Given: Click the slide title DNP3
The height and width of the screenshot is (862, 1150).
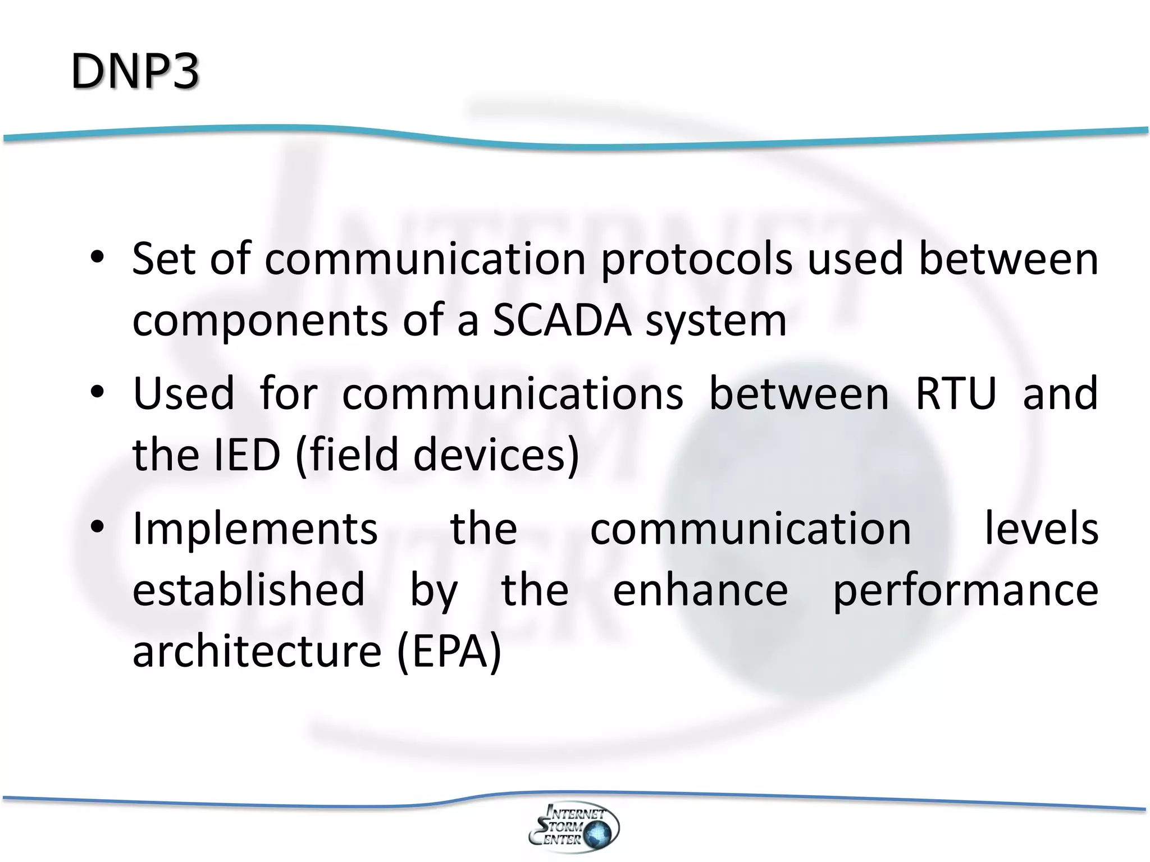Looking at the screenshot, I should (x=135, y=71).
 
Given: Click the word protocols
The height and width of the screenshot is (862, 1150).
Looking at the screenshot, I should (x=696, y=259).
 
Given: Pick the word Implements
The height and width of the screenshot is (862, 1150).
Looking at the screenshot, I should (x=255, y=529).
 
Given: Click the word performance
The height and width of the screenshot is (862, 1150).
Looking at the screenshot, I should (x=965, y=591).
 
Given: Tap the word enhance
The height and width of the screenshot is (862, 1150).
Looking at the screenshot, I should (x=700, y=590).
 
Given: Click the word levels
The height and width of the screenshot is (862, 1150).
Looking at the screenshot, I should (x=1042, y=529).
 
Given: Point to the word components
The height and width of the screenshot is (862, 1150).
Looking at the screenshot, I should (x=260, y=322).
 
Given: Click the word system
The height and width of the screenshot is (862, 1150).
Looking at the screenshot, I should (x=716, y=322).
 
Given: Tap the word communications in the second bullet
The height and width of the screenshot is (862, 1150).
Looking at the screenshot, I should (x=513, y=393).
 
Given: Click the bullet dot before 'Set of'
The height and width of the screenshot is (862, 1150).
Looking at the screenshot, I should (x=97, y=258).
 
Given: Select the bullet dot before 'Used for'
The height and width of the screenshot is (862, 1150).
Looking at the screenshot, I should (x=97, y=393).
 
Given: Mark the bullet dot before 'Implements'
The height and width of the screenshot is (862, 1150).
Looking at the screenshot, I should (x=97, y=528).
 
